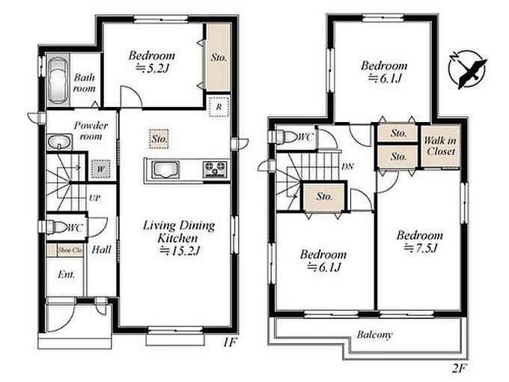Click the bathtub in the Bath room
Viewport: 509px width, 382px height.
[58, 81]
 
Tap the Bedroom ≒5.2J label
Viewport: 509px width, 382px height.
[152, 61]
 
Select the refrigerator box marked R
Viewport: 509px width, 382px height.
[219, 106]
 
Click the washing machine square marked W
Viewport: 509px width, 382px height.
[100, 169]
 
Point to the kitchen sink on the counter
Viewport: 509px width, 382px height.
[165, 170]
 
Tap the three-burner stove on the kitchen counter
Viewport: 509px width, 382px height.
[215, 169]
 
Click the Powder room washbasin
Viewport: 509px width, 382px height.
[59, 142]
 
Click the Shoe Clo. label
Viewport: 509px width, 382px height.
[70, 250]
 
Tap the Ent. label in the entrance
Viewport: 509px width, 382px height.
[66, 274]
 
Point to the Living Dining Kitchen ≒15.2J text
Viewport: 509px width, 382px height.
[179, 238]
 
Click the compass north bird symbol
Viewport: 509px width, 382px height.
[467, 69]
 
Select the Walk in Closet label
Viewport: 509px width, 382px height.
[440, 146]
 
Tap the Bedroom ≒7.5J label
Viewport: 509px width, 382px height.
[420, 241]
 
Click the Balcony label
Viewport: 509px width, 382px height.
[374, 335]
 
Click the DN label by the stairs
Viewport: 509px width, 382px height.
[347, 166]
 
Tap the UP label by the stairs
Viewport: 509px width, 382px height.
[95, 198]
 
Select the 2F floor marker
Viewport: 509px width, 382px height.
[459, 369]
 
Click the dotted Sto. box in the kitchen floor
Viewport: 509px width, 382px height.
[159, 139]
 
